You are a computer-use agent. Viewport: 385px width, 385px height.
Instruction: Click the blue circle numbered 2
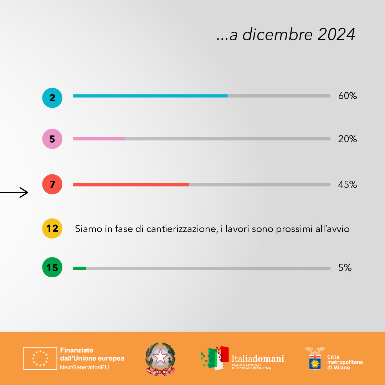[x=52, y=98]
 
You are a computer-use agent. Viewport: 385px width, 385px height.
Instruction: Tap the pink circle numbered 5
[x=52, y=139]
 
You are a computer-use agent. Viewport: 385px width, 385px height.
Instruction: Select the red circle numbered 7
[x=52, y=185]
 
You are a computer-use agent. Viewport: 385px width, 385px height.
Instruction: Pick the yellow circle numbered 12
[x=52, y=228]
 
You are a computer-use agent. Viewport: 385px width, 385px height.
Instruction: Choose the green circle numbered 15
[x=52, y=267]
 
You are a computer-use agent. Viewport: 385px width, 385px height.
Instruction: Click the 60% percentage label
[x=347, y=96]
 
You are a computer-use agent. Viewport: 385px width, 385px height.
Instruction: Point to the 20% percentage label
[x=347, y=139]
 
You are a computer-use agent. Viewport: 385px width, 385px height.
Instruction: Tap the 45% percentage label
[x=347, y=185]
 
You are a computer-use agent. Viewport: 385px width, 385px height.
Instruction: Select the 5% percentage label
[x=345, y=267]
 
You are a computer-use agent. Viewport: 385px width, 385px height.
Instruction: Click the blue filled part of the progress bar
[x=150, y=96]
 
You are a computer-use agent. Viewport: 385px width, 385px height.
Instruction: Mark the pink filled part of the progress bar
[x=99, y=138]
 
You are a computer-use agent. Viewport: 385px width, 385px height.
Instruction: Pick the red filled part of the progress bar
[x=131, y=185]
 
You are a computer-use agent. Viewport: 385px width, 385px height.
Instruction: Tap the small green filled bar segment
[x=79, y=268]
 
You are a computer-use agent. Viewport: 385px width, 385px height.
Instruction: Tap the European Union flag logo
[x=40, y=358]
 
